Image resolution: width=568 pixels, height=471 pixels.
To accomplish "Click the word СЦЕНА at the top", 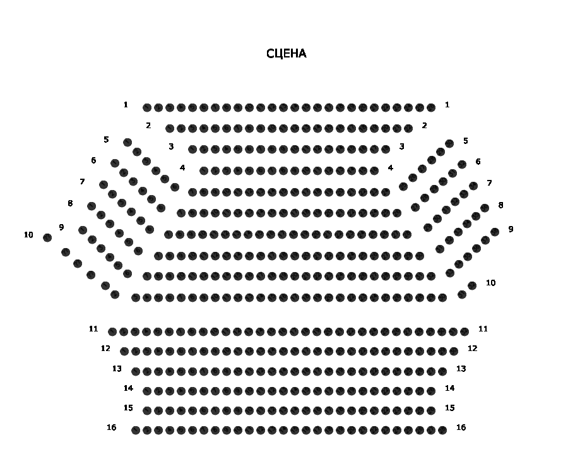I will pyautogui.click(x=287, y=54).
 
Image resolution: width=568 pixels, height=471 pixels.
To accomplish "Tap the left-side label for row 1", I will pyautogui.click(x=126, y=105).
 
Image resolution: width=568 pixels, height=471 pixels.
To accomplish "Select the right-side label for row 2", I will pyautogui.click(x=425, y=126).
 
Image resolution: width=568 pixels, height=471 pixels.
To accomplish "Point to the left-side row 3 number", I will pyautogui.click(x=171, y=146).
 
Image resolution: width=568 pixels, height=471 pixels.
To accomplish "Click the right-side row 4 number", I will pyautogui.click(x=391, y=168).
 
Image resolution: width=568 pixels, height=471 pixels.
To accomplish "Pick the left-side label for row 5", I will pyautogui.click(x=106, y=140).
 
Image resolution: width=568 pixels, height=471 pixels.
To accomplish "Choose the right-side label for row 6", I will pyautogui.click(x=478, y=162).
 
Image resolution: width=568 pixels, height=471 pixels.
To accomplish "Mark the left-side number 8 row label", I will pyautogui.click(x=70, y=203).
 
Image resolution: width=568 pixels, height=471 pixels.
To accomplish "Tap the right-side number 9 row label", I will pyautogui.click(x=511, y=229).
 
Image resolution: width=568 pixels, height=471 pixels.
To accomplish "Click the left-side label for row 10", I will pyautogui.click(x=28, y=235).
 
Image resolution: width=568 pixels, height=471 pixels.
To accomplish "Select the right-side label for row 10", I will pyautogui.click(x=490, y=283).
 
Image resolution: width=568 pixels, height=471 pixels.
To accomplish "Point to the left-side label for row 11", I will pyautogui.click(x=93, y=329).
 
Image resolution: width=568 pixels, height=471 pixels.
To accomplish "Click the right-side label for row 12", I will pyautogui.click(x=473, y=349).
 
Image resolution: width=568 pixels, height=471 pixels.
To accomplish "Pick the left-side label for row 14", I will pyautogui.click(x=128, y=388).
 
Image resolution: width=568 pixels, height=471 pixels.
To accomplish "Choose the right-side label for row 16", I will pyautogui.click(x=461, y=427).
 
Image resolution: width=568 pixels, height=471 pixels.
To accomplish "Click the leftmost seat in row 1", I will pyautogui.click(x=147, y=108).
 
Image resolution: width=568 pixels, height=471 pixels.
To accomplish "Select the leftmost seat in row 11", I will pyautogui.click(x=112, y=331).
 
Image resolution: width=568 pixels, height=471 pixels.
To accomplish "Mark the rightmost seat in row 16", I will pyautogui.click(x=442, y=431).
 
